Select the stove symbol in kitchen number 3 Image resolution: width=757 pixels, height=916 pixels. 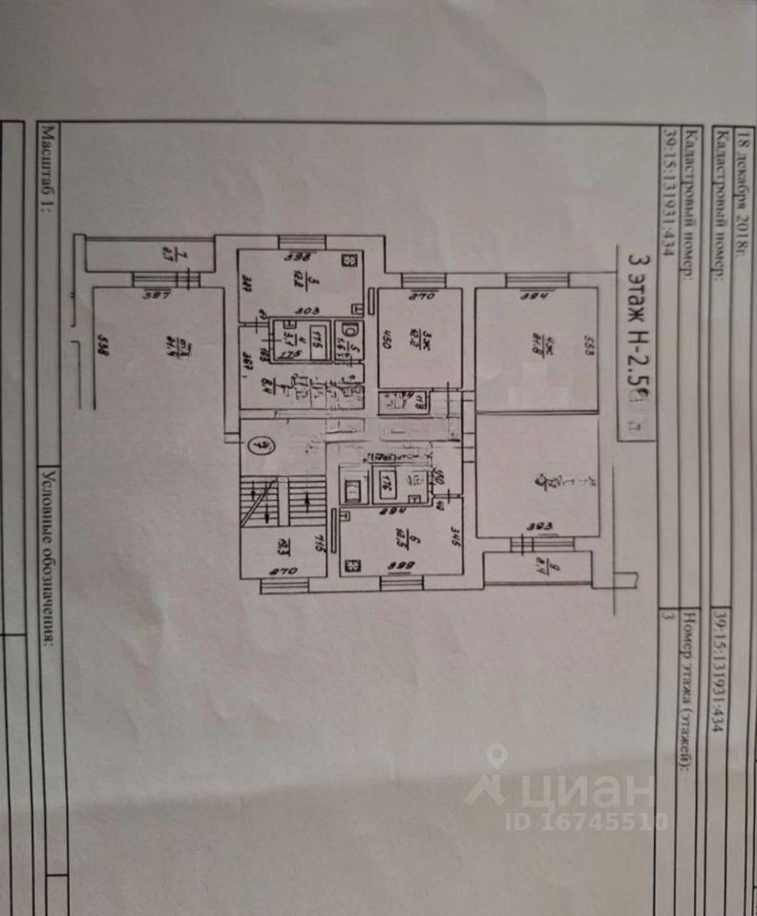tap(349, 258)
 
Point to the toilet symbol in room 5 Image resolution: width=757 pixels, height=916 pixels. tap(349, 331)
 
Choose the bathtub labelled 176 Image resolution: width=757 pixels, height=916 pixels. tap(389, 483)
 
